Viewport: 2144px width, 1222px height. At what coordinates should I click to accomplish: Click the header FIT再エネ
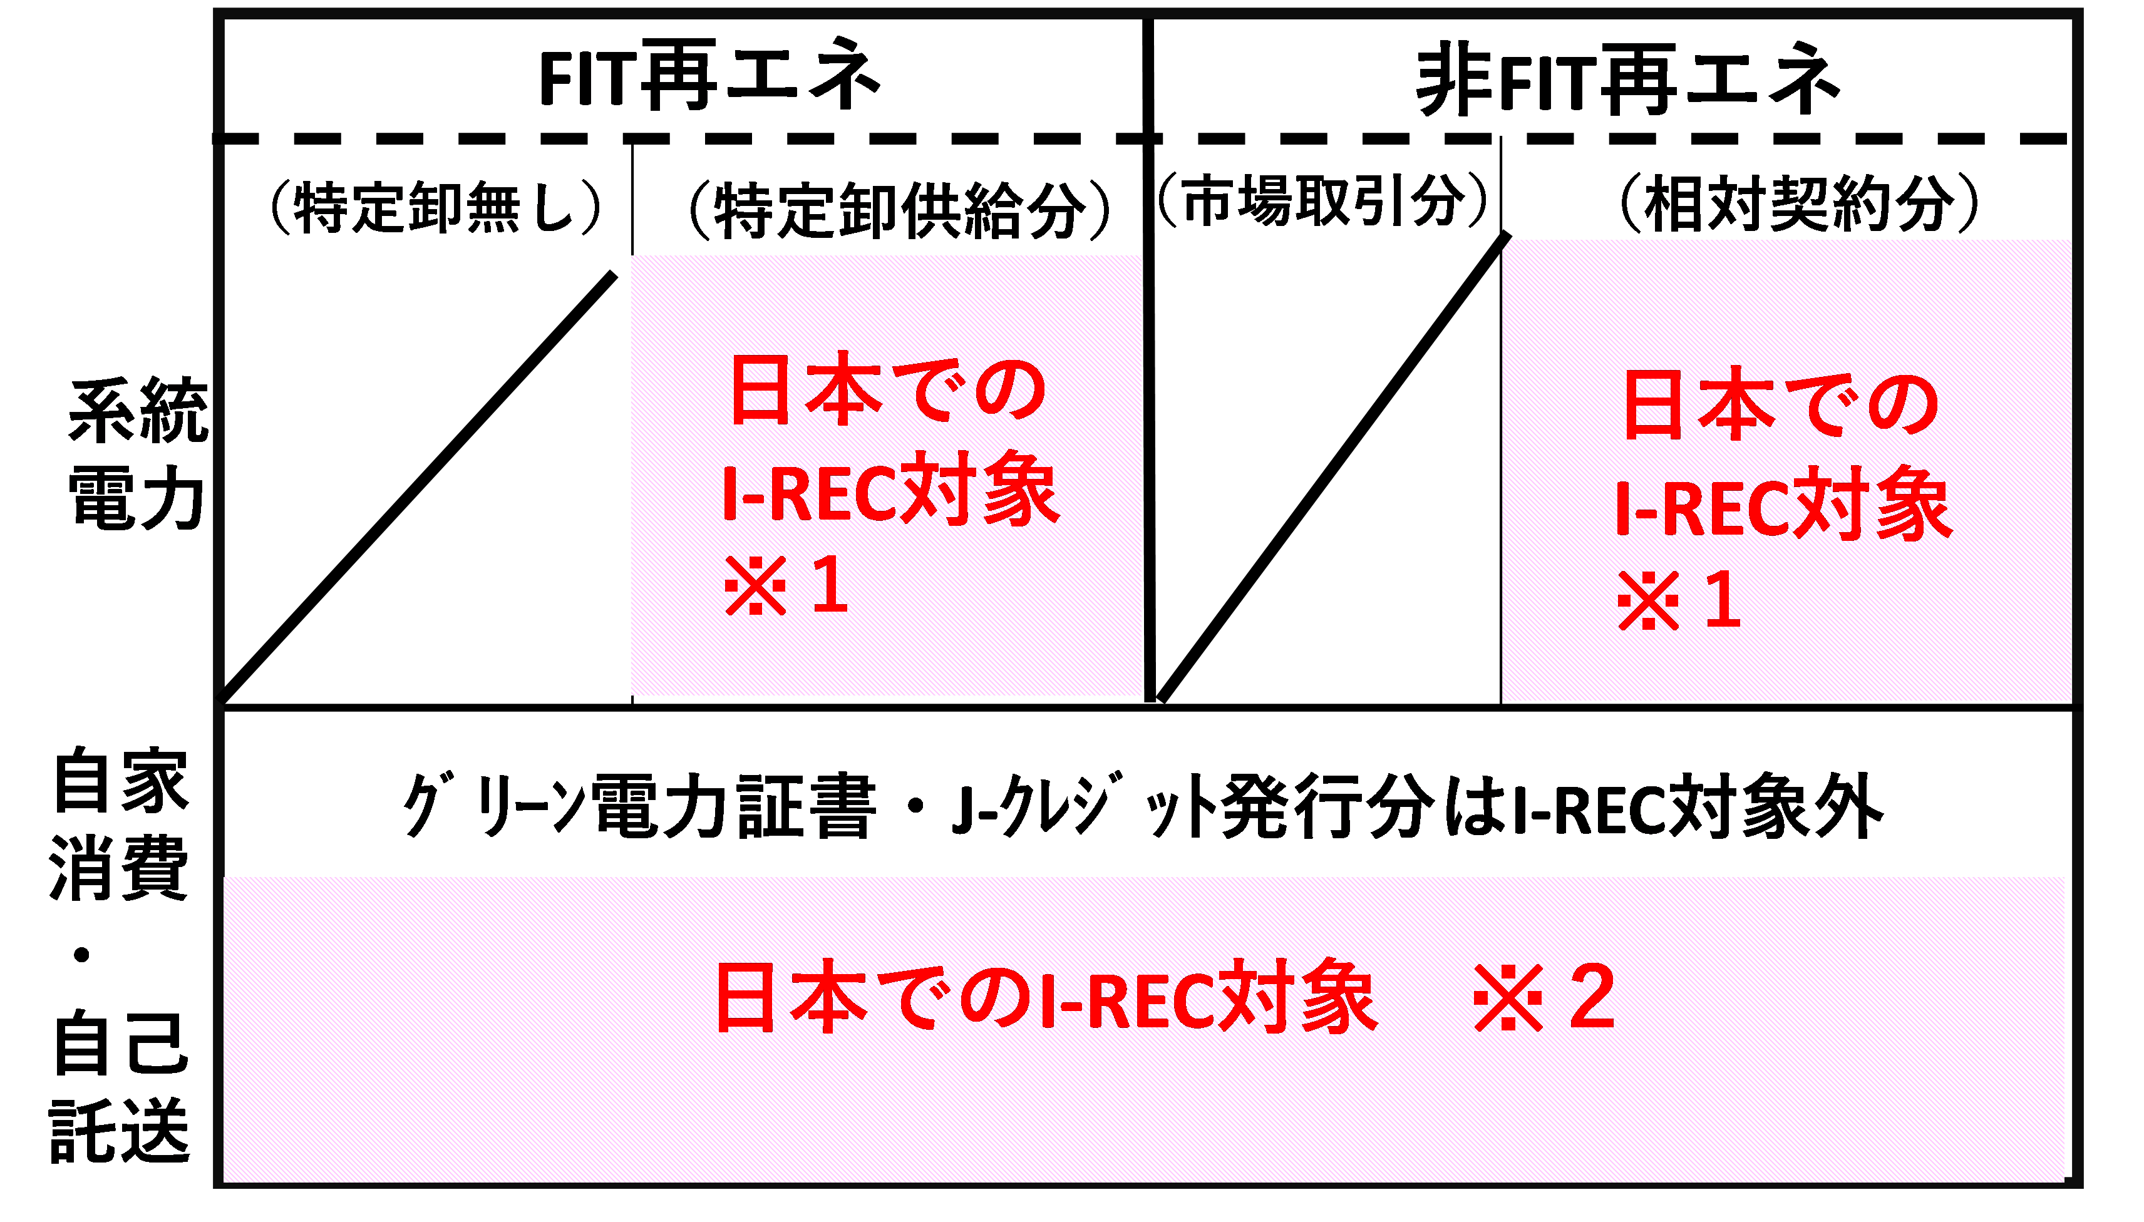point(709,77)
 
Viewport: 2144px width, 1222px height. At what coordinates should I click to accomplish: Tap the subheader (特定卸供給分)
point(898,210)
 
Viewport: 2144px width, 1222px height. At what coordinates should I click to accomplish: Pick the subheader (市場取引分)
point(1322,202)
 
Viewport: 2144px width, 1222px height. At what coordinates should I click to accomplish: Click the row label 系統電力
point(137,453)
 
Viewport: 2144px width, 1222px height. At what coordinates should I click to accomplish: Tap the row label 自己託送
point(120,1087)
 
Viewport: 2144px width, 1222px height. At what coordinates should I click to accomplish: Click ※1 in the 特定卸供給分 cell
point(786,586)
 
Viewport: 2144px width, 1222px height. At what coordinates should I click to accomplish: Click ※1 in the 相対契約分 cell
point(1679,600)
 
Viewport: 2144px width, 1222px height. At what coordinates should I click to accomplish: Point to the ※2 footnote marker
point(1545,997)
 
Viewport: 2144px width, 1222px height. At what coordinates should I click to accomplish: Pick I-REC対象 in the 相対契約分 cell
point(1783,506)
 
